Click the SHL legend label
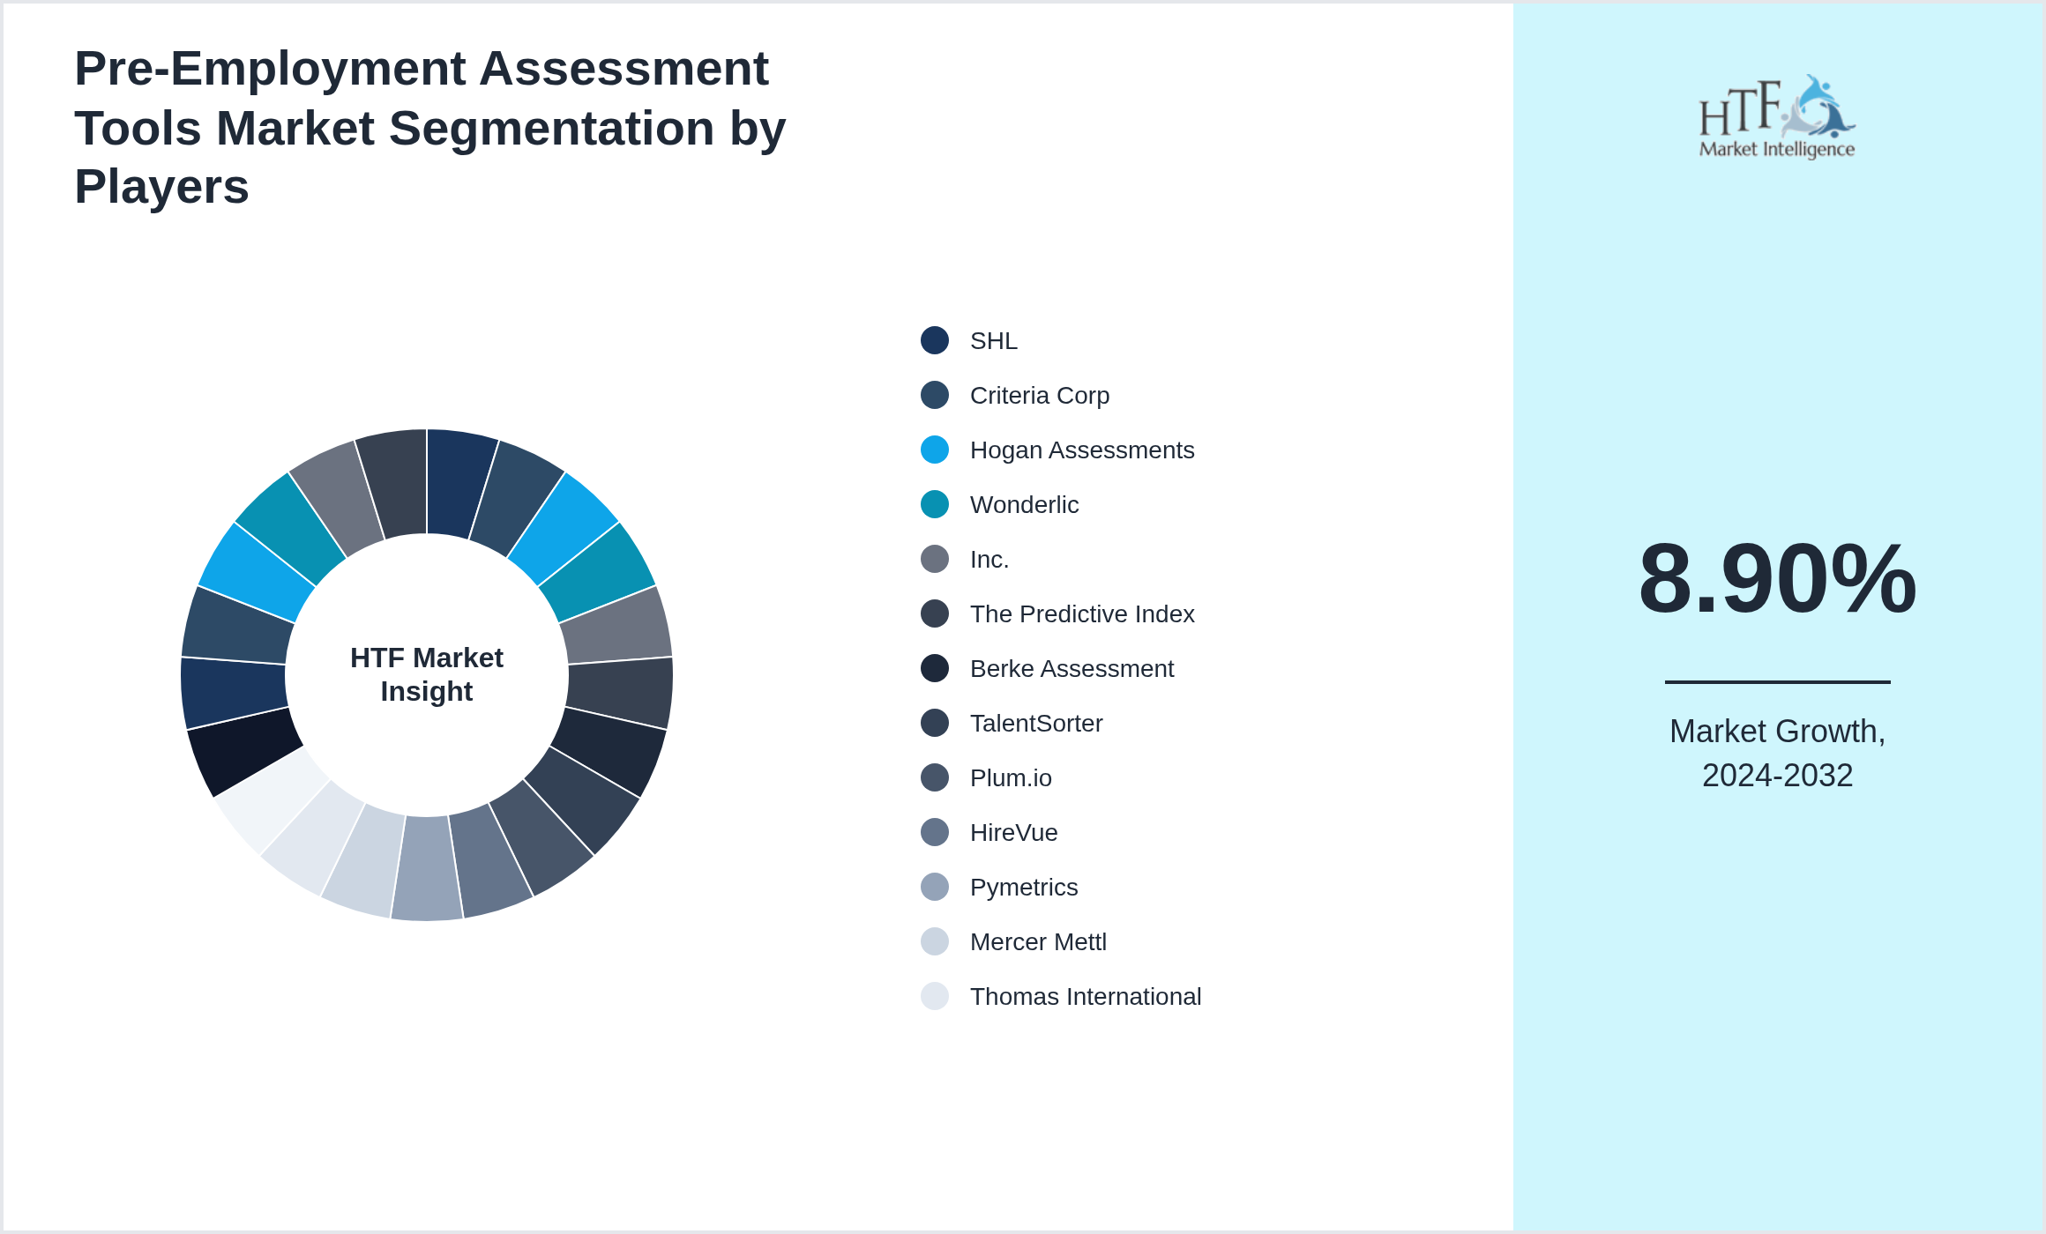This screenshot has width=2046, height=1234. coord(993,341)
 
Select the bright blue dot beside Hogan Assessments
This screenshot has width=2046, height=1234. coord(935,450)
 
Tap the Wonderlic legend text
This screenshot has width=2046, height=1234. coord(1023,505)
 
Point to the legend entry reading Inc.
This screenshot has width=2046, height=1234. coord(989,560)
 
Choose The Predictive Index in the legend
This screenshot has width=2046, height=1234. coord(1081,614)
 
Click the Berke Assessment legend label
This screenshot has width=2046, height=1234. coord(1071,669)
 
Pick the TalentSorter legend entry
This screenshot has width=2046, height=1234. coord(1035,724)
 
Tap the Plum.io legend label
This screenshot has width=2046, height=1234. coord(1010,778)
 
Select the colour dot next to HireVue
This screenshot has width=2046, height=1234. coord(935,832)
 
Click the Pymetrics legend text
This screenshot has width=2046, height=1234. coord(1023,888)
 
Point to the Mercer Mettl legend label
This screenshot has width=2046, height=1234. coord(1037,942)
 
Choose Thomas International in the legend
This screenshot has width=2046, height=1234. coord(1085,997)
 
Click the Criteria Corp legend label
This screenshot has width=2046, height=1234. coord(1039,396)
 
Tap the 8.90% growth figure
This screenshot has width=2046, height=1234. coord(1777,579)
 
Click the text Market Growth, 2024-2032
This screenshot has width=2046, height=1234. coord(1777,754)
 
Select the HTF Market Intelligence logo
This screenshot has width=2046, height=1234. coord(1777,117)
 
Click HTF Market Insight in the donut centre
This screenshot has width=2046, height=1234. coord(427,674)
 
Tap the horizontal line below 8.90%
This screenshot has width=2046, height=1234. coord(1777,681)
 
